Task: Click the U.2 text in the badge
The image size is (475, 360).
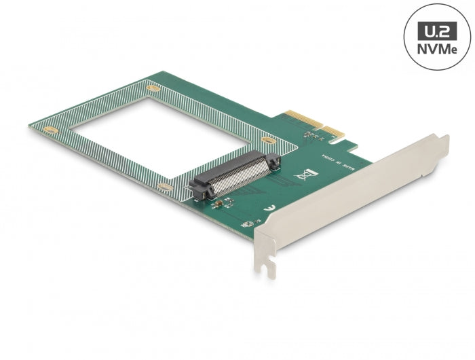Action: (436, 31)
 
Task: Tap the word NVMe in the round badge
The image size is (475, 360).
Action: (436, 50)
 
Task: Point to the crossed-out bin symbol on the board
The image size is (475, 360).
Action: (302, 175)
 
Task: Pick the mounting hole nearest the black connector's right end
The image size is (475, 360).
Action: (269, 141)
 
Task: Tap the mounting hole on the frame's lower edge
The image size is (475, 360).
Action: (164, 186)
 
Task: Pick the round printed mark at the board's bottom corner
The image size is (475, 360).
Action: (251, 223)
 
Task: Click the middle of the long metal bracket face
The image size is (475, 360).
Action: (346, 197)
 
